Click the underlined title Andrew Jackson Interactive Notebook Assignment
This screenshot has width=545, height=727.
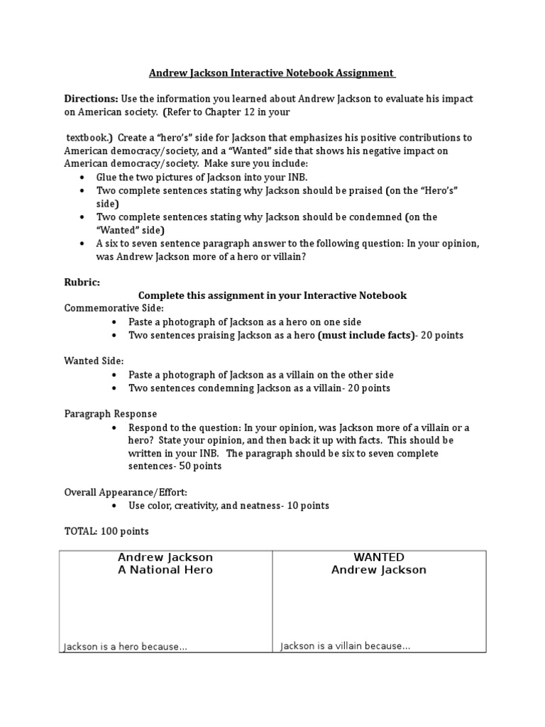point(272,72)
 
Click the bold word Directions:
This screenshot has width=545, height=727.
point(92,99)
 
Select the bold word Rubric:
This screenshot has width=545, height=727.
point(82,282)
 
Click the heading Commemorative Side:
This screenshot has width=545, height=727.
point(114,308)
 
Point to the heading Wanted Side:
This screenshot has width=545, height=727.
point(94,361)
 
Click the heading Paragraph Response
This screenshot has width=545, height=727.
point(111,414)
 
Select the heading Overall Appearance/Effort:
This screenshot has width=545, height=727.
point(126,492)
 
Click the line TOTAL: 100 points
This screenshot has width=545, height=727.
point(106,531)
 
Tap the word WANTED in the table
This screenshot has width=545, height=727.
point(379,557)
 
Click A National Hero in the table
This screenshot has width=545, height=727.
point(165,570)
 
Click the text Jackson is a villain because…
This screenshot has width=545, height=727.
point(346,646)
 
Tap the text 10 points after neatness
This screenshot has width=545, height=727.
point(306,505)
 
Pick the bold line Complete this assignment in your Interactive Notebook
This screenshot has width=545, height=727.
point(272,295)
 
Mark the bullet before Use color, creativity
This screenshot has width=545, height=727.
point(114,505)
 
